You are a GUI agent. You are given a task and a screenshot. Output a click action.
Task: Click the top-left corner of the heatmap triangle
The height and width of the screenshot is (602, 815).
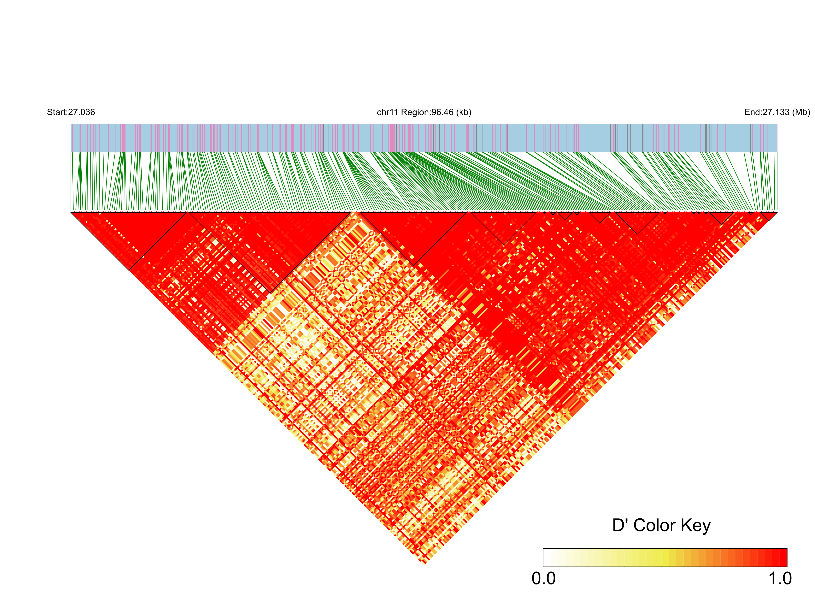pyautogui.click(x=71, y=212)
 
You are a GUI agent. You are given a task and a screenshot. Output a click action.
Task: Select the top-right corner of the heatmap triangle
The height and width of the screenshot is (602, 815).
pyautogui.click(x=777, y=212)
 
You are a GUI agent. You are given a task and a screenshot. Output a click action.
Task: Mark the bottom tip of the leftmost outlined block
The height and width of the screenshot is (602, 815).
pyautogui.click(x=129, y=270)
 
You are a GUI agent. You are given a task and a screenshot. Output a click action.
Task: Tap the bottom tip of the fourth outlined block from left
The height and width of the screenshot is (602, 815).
pyautogui.click(x=503, y=244)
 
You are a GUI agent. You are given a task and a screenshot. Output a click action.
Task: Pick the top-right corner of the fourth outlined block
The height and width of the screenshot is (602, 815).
pyautogui.click(x=536, y=212)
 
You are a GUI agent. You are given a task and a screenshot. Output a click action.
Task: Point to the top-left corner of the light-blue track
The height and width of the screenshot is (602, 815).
pyautogui.click(x=71, y=124)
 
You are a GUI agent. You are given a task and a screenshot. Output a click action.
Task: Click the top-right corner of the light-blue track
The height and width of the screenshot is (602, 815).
pyautogui.click(x=777, y=124)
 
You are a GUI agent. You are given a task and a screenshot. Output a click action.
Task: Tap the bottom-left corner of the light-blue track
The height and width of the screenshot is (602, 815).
pyautogui.click(x=71, y=152)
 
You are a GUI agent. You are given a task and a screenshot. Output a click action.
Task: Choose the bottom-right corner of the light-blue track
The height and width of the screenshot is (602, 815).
pyautogui.click(x=777, y=152)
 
